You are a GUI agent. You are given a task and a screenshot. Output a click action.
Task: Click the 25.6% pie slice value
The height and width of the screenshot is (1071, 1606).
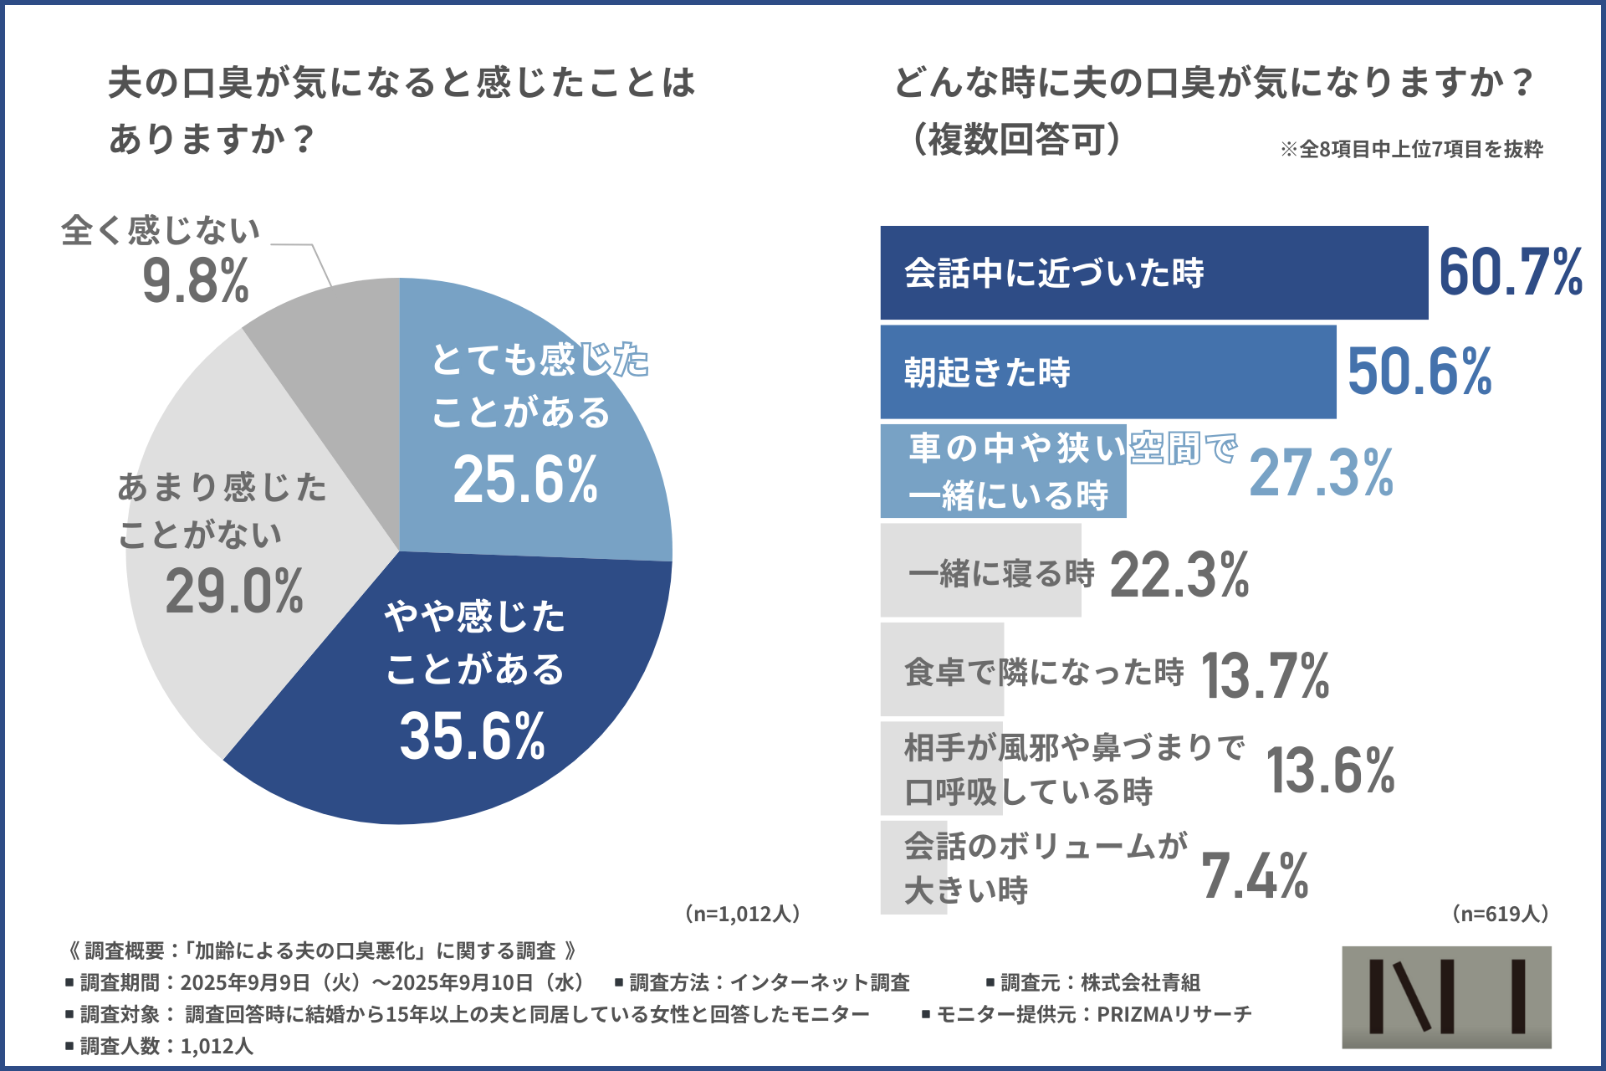tap(525, 480)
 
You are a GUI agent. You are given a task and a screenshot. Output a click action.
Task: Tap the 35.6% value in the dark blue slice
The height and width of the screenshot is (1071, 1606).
tap(473, 736)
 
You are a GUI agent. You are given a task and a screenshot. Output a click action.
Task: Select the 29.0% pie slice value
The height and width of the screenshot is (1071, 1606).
tap(234, 592)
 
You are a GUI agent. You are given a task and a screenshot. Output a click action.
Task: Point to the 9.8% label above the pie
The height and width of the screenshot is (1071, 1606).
tap(196, 281)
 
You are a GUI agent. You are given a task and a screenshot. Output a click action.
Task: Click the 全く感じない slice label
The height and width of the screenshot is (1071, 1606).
tap(161, 230)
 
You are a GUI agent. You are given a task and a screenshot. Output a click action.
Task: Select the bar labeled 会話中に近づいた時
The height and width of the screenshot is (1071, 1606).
tap(1153, 273)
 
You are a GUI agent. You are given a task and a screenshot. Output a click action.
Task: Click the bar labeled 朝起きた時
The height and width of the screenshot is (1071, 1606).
tap(1107, 372)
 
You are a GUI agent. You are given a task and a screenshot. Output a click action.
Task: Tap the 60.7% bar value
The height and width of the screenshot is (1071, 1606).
tap(1511, 273)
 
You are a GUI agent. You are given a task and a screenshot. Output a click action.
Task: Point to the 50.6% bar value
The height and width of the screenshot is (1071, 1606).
tap(1419, 372)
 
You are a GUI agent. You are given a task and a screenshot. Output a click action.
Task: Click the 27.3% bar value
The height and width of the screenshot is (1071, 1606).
tap(1322, 473)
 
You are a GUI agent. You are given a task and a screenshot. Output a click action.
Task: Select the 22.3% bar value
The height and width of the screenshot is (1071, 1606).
tap(1179, 575)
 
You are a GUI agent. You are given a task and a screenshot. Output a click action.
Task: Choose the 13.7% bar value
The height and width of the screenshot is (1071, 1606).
tap(1266, 675)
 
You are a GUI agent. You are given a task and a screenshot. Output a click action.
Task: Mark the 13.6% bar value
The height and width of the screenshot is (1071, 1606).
tap(1330, 770)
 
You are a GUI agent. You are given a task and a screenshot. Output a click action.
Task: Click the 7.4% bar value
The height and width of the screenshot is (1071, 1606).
tap(1255, 876)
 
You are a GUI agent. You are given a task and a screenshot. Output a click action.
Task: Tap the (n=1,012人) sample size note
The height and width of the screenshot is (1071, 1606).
tap(742, 913)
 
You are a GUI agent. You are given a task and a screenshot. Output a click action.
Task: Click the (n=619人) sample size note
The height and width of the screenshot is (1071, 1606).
tap(1500, 913)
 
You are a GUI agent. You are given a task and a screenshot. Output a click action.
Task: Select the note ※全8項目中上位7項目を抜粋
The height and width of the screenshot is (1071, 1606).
tap(1411, 149)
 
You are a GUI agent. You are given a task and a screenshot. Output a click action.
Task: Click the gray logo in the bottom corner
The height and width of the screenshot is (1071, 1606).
tap(1446, 997)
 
